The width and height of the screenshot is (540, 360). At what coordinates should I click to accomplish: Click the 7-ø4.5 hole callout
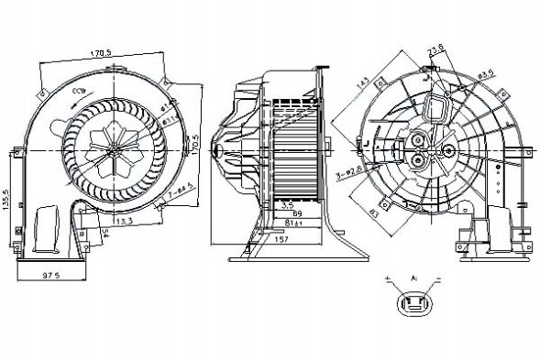tap(180, 191)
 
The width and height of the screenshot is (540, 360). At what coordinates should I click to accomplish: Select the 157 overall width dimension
tap(282, 239)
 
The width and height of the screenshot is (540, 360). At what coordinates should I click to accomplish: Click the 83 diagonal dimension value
tap(374, 216)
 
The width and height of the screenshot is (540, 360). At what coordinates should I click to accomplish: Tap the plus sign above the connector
tap(390, 276)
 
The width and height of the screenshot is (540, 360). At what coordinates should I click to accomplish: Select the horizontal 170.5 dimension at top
tap(103, 53)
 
